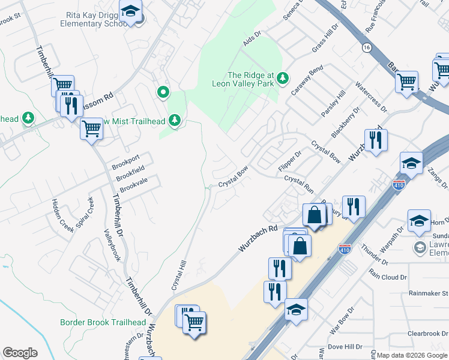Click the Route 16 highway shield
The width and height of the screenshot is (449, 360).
point(366,47)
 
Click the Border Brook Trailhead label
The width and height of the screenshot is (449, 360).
point(103,322)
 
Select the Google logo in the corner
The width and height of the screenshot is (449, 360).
point(20,352)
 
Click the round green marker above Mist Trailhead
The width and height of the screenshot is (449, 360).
point(163,92)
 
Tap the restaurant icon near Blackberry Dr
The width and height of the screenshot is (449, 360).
point(376,141)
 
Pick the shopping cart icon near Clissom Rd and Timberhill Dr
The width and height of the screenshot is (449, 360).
point(62,86)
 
